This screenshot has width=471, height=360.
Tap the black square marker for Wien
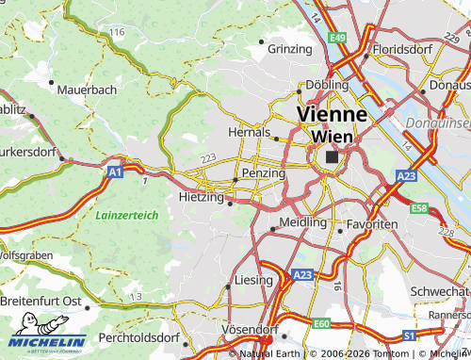pos(331,157)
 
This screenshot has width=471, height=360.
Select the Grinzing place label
pos(289,48)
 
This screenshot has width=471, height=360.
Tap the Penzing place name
pos(263,174)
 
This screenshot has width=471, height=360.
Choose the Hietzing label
pos(201,198)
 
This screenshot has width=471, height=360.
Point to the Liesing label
pos(252,281)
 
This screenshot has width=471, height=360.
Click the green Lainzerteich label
pos(126,216)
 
